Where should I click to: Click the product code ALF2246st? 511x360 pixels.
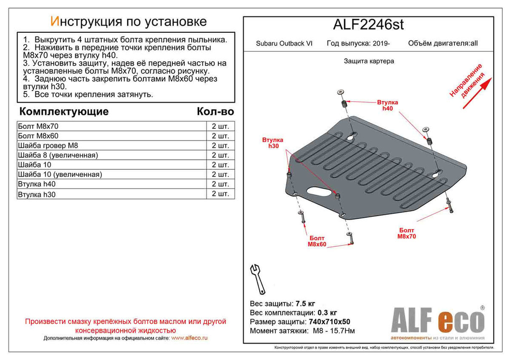pos(368,25)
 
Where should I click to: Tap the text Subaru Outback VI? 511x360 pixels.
pos(284,44)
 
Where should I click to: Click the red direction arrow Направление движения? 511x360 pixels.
pos(476,92)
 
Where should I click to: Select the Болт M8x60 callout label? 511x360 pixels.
pos(317,241)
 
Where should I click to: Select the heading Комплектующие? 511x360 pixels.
pos(63,111)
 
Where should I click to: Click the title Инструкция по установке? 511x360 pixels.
pos(128,21)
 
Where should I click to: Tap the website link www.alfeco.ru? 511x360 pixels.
pos(189,338)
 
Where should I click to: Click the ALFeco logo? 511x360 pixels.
pos(437,321)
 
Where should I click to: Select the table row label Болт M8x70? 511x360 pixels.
pos(38,126)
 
